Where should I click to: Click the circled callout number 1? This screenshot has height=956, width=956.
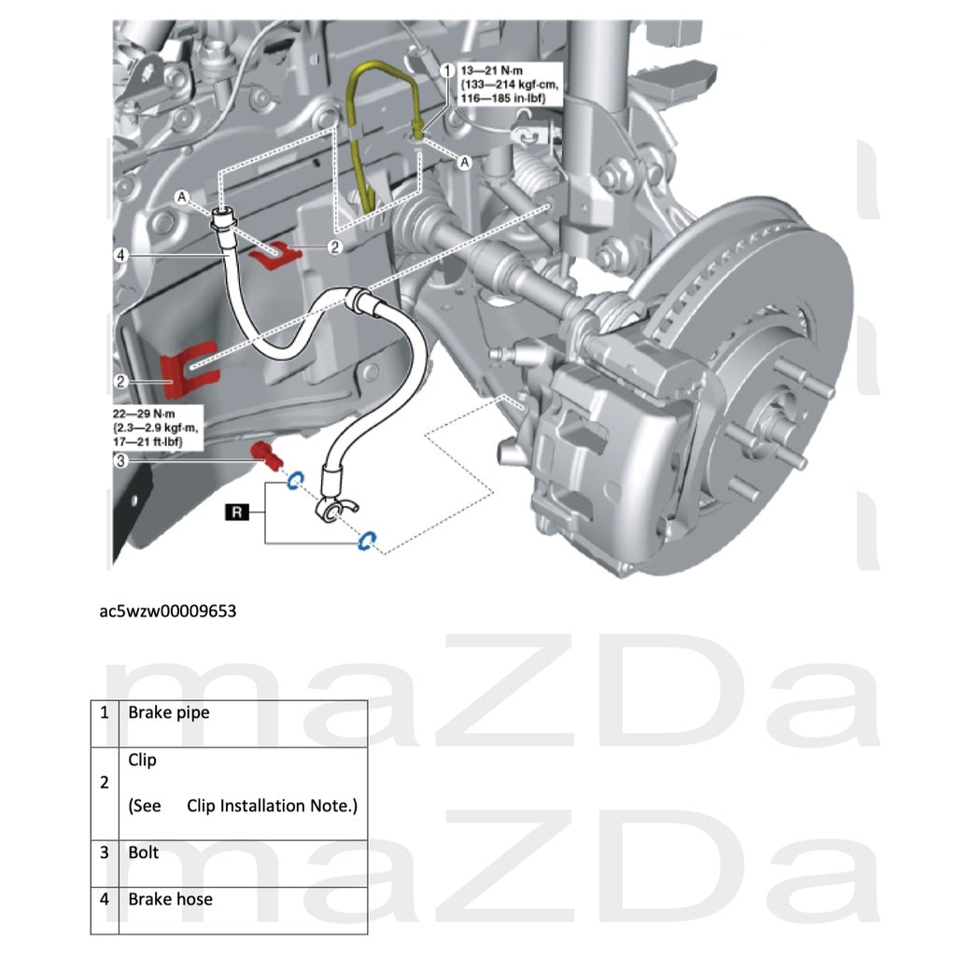coord(446,70)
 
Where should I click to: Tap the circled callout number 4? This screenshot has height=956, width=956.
coord(120,254)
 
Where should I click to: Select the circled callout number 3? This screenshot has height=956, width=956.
coord(120,459)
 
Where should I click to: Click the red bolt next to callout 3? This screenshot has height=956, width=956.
coord(268,457)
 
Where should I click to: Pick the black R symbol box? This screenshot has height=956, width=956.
coord(238,512)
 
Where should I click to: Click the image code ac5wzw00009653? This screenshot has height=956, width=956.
coord(169,612)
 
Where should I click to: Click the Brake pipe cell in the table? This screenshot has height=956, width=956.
coord(168,712)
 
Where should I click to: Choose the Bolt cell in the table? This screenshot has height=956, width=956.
coord(144,852)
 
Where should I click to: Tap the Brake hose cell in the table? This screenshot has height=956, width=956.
coord(170,899)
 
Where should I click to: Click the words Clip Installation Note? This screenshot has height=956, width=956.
coord(271,805)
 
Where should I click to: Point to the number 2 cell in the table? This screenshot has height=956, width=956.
coord(105,782)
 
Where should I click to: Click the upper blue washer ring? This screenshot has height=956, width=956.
coord(292,481)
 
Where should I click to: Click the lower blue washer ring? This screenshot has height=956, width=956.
coord(366,541)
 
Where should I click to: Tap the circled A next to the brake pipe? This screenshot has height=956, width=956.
coord(464,162)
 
